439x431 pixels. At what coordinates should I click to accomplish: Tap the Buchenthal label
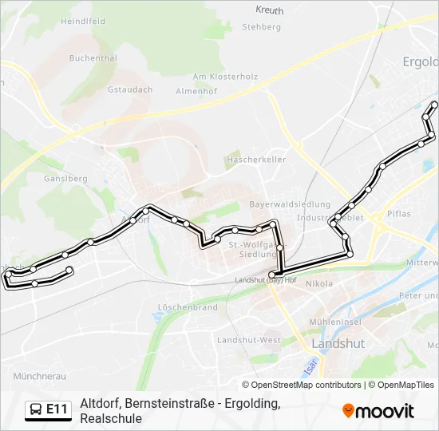coord(93,58)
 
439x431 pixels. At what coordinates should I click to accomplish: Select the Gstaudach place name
coord(129,90)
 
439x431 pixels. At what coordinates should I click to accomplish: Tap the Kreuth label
coord(270,10)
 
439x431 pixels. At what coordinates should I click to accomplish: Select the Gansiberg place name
coord(66,179)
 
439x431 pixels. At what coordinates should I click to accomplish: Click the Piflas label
coord(398,213)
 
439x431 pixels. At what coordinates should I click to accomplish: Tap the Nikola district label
coord(318,283)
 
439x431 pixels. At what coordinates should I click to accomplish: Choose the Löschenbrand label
coord(188,306)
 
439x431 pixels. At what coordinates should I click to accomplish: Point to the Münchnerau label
coord(39,375)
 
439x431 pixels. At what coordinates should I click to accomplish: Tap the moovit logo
coord(378,411)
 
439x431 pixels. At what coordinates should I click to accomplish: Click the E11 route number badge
coord(57,409)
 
